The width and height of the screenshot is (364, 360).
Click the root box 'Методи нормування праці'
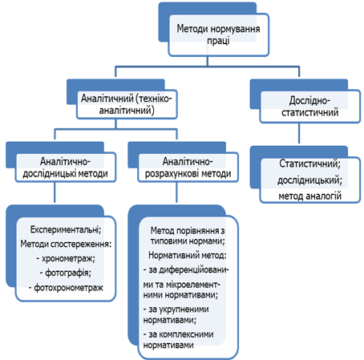pyautogui.click(x=218, y=34)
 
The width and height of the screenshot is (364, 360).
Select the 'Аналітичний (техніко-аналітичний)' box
pyautogui.click(x=127, y=104)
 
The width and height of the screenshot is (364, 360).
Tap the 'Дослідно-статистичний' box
pyautogui.click(x=310, y=107)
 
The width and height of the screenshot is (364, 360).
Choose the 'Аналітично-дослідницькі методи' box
pyautogui.click(x=66, y=168)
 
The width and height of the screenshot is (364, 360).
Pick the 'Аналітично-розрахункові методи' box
pyautogui.click(x=188, y=168)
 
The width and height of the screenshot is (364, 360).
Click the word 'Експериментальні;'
pyautogui.click(x=66, y=229)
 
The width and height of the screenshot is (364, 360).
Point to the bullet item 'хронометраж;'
pyautogui.click(x=66, y=258)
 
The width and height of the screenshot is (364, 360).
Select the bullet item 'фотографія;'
pyautogui.click(x=66, y=273)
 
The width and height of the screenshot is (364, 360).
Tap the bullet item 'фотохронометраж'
pyautogui.click(x=66, y=288)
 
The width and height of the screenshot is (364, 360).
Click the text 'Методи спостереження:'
pyautogui.click(x=66, y=244)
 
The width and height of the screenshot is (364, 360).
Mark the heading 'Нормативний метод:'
pyautogui.click(x=188, y=255)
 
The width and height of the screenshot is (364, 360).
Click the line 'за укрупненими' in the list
pyautogui.click(x=176, y=309)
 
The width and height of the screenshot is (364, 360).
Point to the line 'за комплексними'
pyautogui.click(x=178, y=334)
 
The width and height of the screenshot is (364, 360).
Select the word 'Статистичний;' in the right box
pyautogui.click(x=310, y=164)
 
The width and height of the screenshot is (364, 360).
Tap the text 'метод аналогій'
pyautogui.click(x=310, y=196)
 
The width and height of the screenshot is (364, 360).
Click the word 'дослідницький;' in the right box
pyautogui.click(x=310, y=180)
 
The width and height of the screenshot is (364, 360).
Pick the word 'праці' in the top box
pyautogui.click(x=218, y=41)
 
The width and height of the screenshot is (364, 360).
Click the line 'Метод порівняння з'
pyautogui.click(x=188, y=230)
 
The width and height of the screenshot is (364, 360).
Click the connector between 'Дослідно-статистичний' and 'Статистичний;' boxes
pyautogui.click(x=299, y=133)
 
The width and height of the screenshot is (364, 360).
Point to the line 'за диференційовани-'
pyautogui.click(x=186, y=269)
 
